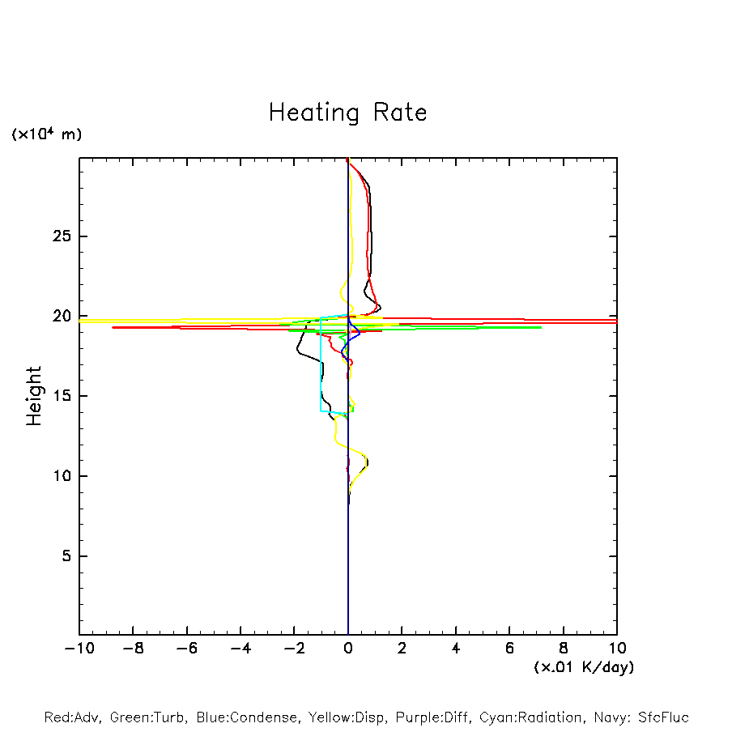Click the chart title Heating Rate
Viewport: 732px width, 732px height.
(x=347, y=112)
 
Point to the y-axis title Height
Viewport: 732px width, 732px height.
(x=33, y=396)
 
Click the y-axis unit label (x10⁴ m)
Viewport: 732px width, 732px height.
(x=46, y=134)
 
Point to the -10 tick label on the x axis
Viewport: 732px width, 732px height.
(x=79, y=649)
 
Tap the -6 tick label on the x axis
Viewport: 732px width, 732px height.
(x=186, y=649)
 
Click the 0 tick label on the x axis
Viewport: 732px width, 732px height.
(x=348, y=649)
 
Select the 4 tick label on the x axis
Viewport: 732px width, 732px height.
(x=456, y=649)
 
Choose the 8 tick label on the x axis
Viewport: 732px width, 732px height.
(x=564, y=649)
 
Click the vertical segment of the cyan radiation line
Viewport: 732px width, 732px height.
(x=321, y=364)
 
